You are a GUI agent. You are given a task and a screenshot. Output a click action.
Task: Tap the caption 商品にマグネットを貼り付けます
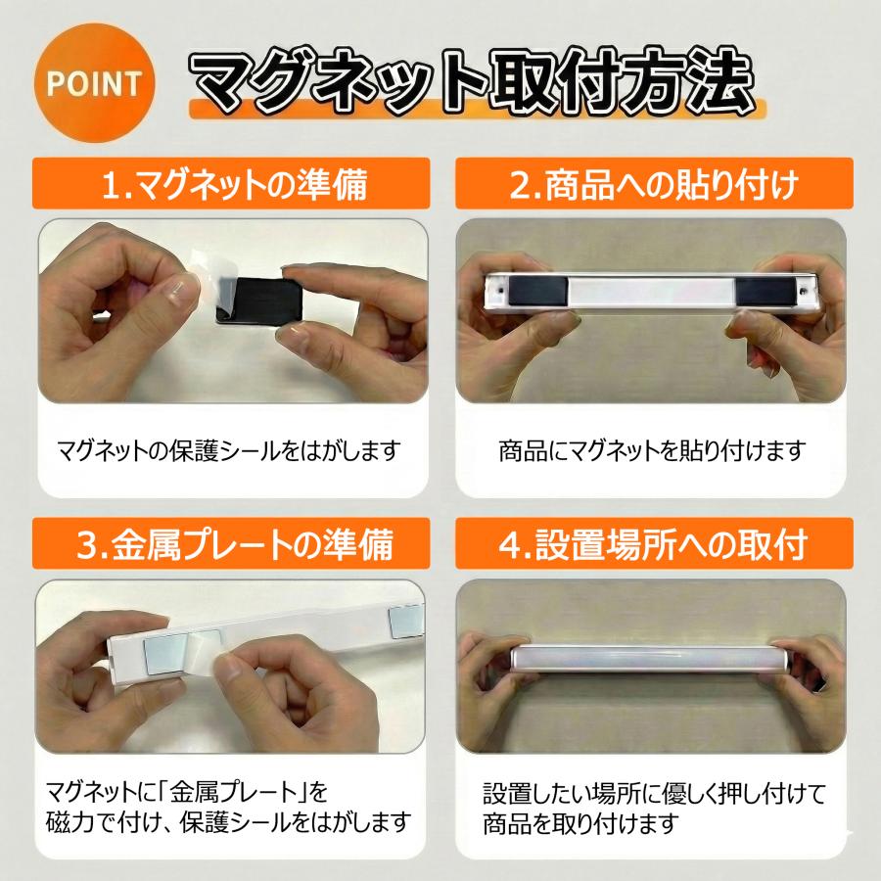(x=651, y=451)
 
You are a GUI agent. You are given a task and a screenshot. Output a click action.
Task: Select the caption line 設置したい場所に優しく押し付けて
(x=654, y=791)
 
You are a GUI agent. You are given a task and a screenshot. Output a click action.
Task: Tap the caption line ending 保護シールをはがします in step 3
(x=227, y=820)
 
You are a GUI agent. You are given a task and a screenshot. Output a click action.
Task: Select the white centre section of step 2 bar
(x=651, y=291)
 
